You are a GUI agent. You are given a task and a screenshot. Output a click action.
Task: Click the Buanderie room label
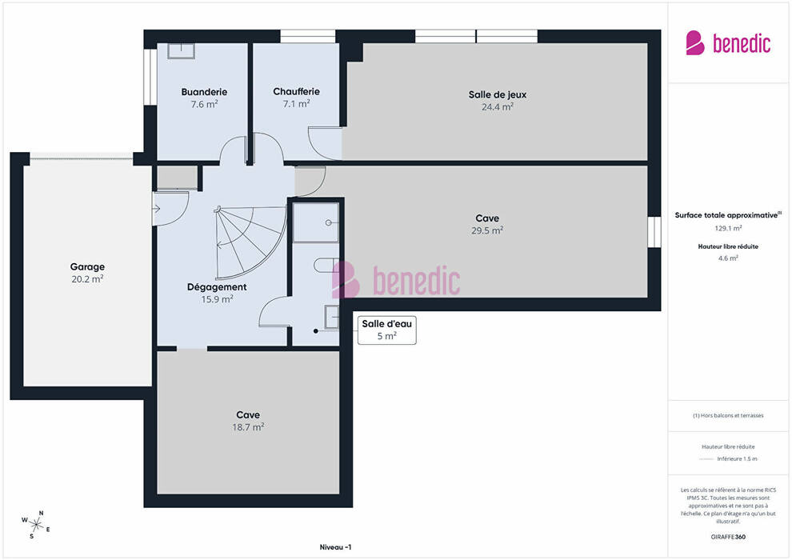coord(204,92)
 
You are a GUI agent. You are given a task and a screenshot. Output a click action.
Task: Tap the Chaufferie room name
coord(297,91)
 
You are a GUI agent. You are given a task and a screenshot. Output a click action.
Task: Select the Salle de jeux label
coord(498,94)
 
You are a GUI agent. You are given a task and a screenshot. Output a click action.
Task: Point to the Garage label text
coord(87,266)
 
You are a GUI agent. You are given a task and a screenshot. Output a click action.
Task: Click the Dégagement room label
coord(217,287)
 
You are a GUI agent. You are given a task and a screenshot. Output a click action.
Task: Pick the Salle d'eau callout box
coord(387,330)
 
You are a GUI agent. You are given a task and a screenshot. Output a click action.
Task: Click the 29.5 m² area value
coord(487,230)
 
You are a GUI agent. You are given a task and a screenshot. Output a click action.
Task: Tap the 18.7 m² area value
coord(248,427)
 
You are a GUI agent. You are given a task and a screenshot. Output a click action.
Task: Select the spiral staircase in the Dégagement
coord(250,242)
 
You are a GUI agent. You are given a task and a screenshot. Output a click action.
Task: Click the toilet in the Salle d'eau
coord(323,265)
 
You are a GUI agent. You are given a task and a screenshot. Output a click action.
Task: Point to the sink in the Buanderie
coord(181,50)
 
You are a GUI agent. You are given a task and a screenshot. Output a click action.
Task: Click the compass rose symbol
coord(36,524)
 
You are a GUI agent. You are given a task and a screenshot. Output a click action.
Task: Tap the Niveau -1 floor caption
coord(335,547)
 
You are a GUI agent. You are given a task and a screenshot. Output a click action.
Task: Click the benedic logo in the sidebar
coord(728,43)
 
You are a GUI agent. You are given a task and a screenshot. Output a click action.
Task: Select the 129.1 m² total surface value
coord(728,228)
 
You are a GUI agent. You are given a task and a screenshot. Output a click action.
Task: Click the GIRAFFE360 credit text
coord(728,537)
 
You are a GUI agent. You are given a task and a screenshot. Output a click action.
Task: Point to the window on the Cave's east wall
coord(654,232)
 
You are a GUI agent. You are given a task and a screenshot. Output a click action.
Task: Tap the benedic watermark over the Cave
coord(396,280)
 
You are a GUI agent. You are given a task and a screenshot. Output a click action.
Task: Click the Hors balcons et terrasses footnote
coord(728,415)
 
